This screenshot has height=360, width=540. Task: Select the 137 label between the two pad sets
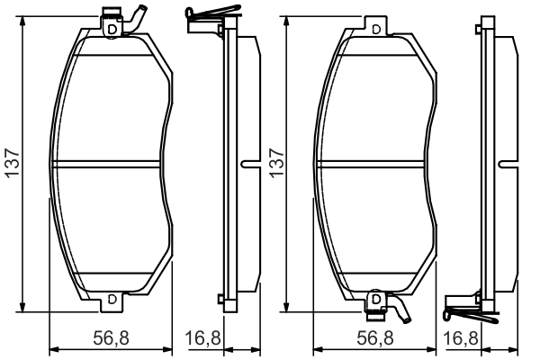pos(275,164)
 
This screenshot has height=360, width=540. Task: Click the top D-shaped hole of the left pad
pos(111,29)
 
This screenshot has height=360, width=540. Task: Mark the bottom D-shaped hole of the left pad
pos(111,299)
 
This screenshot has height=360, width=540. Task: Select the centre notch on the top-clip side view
pos(248,164)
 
